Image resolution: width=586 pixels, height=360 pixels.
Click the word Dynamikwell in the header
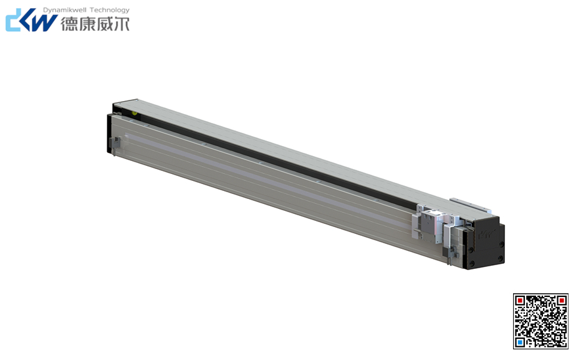click(x=65, y=10)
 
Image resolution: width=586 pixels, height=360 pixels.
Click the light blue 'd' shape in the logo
click(x=15, y=21)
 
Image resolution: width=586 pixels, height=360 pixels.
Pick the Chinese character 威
click(x=104, y=24)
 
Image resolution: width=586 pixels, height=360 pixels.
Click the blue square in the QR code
click(x=519, y=342)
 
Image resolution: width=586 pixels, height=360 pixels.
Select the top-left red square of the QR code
click(x=519, y=300)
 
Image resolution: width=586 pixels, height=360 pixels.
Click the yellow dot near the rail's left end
click(x=135, y=114)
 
